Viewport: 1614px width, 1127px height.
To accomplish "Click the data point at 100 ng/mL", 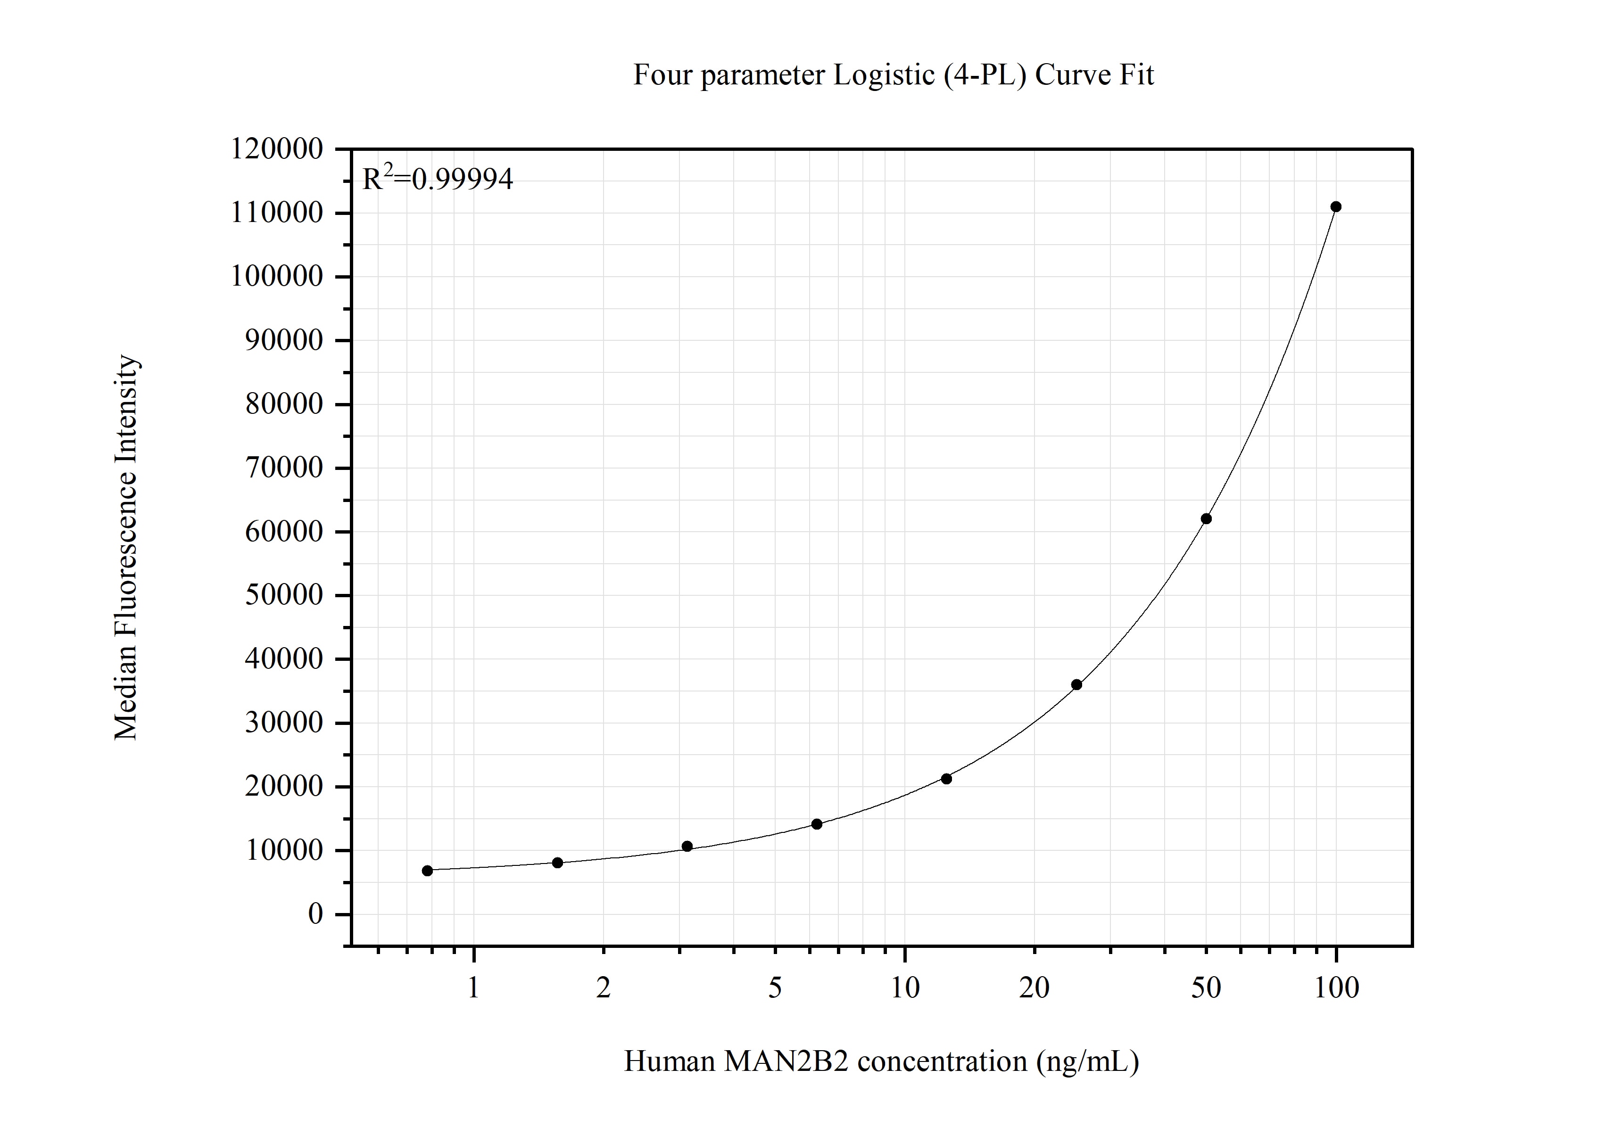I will click(1336, 206).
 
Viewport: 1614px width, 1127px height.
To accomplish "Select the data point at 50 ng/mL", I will click(1206, 518).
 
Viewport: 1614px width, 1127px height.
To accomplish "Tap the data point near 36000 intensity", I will click(1076, 684).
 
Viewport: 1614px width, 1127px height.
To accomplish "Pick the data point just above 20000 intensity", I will click(946, 779).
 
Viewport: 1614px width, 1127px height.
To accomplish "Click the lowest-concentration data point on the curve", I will click(427, 871).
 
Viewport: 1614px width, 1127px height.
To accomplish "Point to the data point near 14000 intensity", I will click(817, 823).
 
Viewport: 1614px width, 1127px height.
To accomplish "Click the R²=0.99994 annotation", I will click(437, 179).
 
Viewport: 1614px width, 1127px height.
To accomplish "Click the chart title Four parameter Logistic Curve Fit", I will click(893, 75).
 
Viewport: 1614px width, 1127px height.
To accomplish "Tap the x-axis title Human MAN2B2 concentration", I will click(881, 1061).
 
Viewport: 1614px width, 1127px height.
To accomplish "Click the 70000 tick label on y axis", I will click(284, 468).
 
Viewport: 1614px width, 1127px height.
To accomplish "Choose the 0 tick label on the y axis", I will click(315, 914).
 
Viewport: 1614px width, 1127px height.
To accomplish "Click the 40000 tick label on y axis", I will click(284, 659).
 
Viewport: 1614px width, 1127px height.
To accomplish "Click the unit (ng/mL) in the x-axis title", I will click(1087, 1061).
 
